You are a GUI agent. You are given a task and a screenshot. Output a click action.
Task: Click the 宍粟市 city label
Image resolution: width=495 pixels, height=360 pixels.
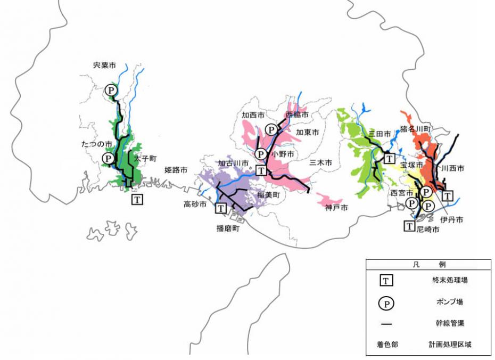click(x=104, y=65)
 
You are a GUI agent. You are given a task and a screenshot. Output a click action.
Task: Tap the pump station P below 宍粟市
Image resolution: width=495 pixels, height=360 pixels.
click(x=111, y=90)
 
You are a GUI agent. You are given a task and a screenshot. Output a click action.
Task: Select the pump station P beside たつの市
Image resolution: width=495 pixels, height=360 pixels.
click(x=108, y=158)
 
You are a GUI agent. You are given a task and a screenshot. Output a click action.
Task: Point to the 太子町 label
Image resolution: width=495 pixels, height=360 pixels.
click(x=144, y=158)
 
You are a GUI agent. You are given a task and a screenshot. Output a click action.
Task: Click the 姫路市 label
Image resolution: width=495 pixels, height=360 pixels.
click(x=176, y=170)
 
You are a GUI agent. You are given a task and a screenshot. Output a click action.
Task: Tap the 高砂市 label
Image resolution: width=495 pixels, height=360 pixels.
click(x=195, y=204)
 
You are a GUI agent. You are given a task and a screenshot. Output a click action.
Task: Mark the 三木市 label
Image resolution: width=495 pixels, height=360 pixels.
click(x=320, y=162)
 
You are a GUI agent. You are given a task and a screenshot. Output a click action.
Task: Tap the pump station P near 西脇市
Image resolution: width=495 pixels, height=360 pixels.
click(x=271, y=129)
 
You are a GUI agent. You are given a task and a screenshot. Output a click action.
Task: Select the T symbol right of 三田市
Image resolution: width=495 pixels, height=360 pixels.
click(x=390, y=158)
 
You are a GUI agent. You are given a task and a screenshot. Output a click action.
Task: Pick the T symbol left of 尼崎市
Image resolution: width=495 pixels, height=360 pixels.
click(x=409, y=226)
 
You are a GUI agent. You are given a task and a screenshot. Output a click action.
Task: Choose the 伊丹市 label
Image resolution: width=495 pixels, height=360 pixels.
click(x=451, y=219)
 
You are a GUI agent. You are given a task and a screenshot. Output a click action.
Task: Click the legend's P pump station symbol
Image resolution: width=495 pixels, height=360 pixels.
click(x=386, y=304)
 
